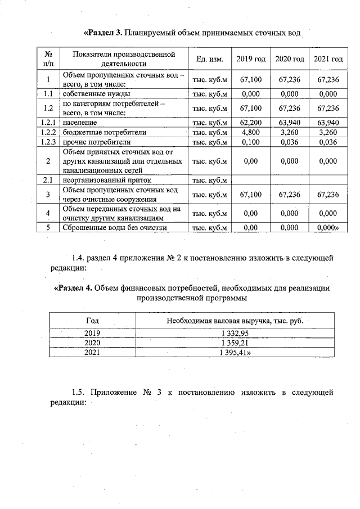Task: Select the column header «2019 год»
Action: tap(251, 59)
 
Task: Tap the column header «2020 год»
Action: tap(290, 59)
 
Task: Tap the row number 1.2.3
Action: tap(48, 142)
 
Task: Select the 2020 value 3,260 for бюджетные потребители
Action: tap(290, 132)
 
